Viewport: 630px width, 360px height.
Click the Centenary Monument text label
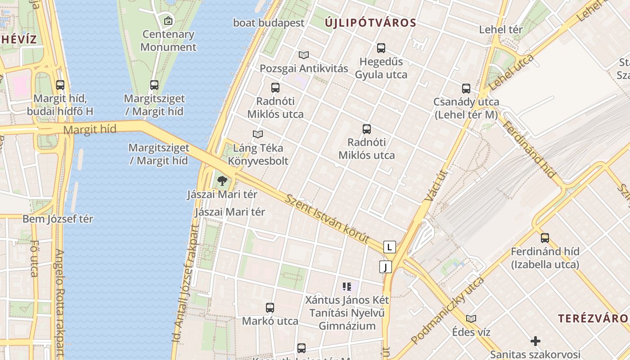tap(168, 40)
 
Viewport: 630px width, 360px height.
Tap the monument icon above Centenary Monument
tap(168, 20)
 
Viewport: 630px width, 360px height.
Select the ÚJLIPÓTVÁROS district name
tap(370, 22)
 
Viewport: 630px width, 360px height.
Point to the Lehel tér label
tap(501, 30)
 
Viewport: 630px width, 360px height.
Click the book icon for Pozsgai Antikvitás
tap(304, 55)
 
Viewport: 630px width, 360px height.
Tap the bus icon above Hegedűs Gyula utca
tap(381, 48)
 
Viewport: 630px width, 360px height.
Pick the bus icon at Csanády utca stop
tap(466, 89)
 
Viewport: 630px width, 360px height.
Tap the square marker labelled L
tap(390, 247)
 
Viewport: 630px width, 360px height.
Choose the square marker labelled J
tap(385, 267)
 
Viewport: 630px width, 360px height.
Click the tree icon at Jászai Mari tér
tap(222, 181)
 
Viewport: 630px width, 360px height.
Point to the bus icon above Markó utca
tap(270, 308)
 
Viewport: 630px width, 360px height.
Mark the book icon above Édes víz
tap(471, 319)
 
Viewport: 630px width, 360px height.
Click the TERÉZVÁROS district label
tap(594, 318)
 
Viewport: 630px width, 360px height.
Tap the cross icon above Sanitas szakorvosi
tap(535, 341)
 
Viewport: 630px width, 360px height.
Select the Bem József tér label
tap(58, 219)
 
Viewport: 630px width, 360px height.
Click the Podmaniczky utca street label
tap(447, 310)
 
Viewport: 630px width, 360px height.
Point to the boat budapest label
tap(269, 22)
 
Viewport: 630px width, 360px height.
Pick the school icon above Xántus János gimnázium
tap(346, 286)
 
